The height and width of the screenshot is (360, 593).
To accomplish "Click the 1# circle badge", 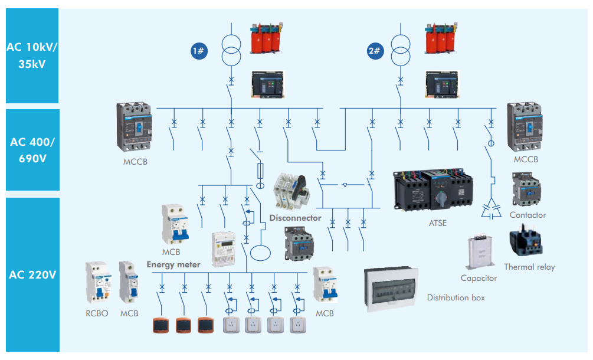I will pos(199,51).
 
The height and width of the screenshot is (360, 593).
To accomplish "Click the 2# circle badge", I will pos(375,51).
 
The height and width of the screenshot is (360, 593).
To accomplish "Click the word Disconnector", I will pos(295,218).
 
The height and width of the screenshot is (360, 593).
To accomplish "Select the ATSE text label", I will pos(437,223).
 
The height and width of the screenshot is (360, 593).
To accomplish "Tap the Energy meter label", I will pos(173,264).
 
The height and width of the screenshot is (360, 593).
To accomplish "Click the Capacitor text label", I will pos(479,278).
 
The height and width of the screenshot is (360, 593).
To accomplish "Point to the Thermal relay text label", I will pos(529,267).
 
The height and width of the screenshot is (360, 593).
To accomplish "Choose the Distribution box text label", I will pos(456,297).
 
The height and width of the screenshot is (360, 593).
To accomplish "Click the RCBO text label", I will pos(97,313).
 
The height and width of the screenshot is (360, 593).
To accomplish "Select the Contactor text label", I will pos(528,215).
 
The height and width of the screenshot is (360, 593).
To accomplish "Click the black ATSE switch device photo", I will pos(433,191).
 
